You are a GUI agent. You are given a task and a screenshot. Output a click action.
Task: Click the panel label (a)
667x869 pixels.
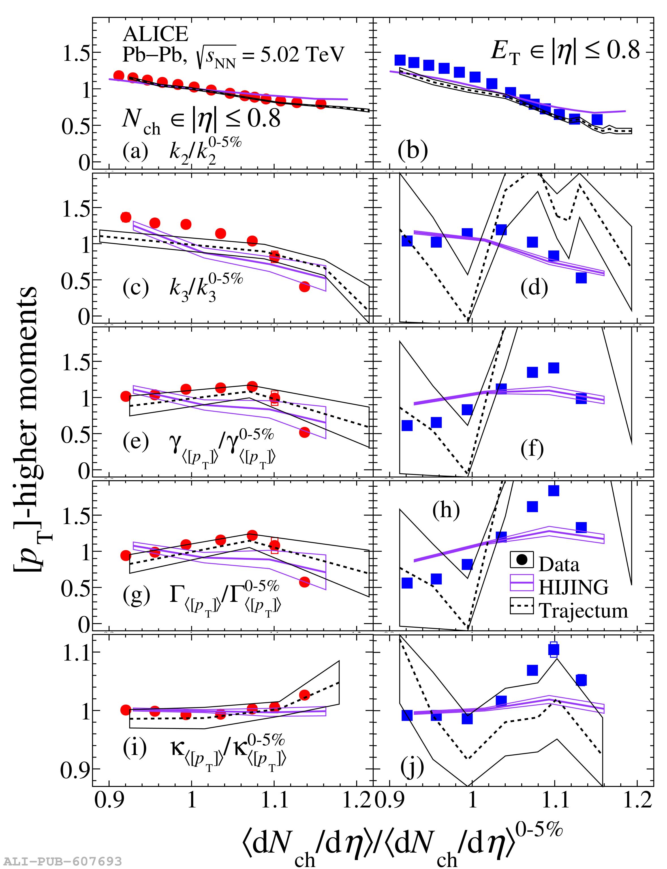pyautogui.click(x=135, y=151)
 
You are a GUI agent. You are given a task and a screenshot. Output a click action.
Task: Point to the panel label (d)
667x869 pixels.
pyautogui.click(x=534, y=288)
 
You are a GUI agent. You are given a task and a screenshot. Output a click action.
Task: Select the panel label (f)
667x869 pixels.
pyautogui.click(x=532, y=449)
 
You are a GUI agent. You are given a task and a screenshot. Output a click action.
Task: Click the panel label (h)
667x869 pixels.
pyautogui.click(x=446, y=510)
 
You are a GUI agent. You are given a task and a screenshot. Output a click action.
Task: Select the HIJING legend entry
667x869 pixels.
pyautogui.click(x=573, y=587)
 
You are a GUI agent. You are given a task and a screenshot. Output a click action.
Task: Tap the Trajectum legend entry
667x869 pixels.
pyautogui.click(x=583, y=611)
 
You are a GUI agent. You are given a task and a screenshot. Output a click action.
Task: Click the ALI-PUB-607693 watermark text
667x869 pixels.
pyautogui.click(x=63, y=861)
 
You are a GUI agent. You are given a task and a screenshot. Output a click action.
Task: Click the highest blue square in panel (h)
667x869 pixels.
pyautogui.click(x=553, y=491)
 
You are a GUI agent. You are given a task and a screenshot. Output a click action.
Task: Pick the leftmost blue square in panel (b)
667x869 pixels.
pyautogui.click(x=400, y=60)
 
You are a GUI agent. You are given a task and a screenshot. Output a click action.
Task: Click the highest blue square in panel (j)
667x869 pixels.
pyautogui.click(x=554, y=650)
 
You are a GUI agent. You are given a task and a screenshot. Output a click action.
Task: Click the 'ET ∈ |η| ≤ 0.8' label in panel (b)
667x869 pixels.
pyautogui.click(x=565, y=52)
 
